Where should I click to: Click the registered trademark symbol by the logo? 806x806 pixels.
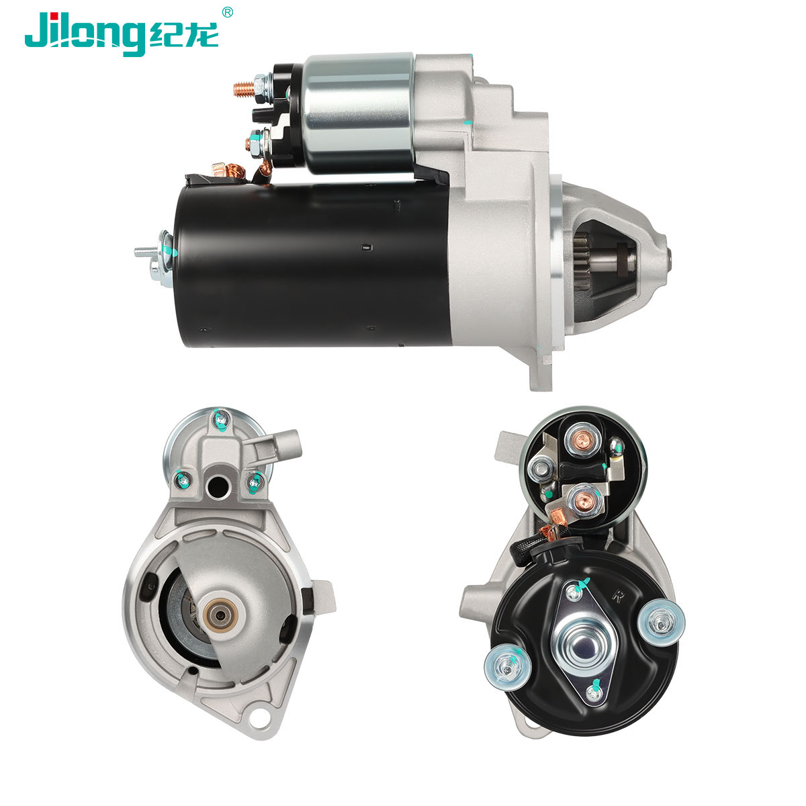pyautogui.click(x=227, y=12)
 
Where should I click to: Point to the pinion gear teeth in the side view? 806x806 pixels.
pyautogui.click(x=582, y=261)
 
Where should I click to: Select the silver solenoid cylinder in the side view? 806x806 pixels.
pyautogui.click(x=359, y=113)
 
